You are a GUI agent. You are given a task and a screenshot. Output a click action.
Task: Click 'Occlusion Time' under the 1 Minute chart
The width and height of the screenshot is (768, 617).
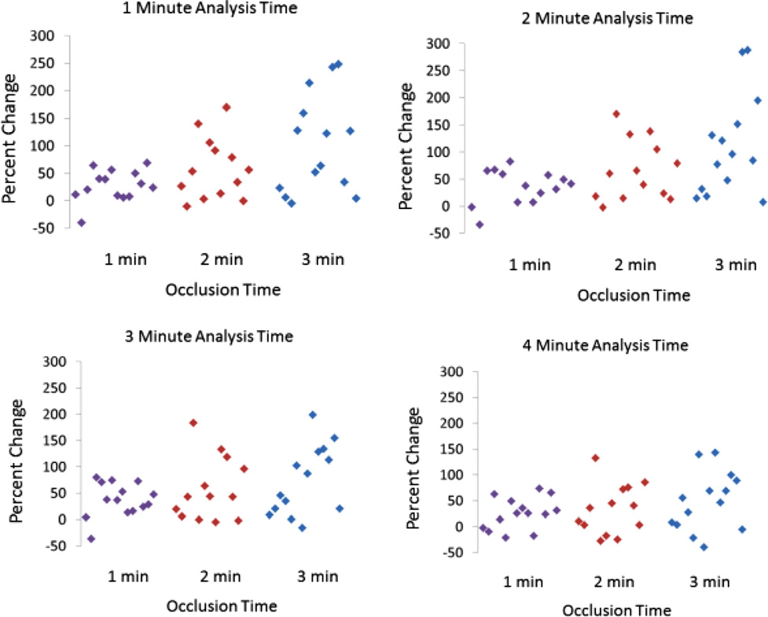pos(223,290)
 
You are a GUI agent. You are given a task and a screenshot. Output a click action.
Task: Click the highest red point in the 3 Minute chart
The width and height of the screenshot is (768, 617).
pos(193,423)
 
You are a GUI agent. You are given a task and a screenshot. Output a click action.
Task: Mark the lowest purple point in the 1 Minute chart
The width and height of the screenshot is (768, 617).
pos(81,222)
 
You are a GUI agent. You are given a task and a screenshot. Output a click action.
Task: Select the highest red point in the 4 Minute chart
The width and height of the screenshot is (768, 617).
pos(595,457)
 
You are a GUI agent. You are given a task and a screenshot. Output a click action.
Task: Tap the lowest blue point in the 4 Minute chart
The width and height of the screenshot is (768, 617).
pos(704,547)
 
